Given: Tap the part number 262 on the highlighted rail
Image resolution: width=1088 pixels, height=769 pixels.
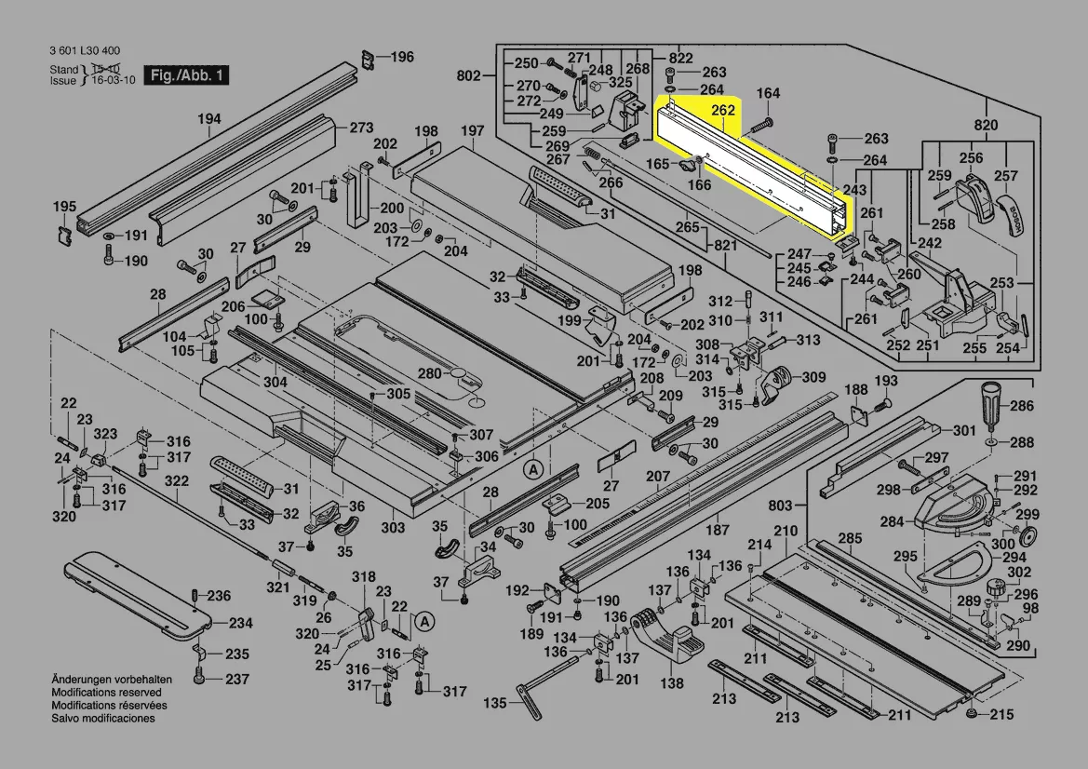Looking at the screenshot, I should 723,110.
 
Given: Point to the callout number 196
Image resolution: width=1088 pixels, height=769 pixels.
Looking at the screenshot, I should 402,58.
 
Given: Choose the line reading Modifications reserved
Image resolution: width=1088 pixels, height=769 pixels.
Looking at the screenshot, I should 106,693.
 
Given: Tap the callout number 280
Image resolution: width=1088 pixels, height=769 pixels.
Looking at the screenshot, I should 429,373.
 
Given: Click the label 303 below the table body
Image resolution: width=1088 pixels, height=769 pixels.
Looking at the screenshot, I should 393,528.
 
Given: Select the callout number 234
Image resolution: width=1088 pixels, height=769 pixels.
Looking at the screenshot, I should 240,624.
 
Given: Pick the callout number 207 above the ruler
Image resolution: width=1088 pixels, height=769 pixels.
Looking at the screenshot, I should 658,478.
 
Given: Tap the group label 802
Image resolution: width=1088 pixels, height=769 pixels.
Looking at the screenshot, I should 470,75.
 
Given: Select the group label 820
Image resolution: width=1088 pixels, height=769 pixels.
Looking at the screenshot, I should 986,126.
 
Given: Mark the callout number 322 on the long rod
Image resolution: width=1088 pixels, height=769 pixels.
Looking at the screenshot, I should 177,481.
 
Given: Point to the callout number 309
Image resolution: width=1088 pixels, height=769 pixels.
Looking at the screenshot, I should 814,377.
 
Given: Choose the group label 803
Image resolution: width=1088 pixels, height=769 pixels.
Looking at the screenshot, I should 781,505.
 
